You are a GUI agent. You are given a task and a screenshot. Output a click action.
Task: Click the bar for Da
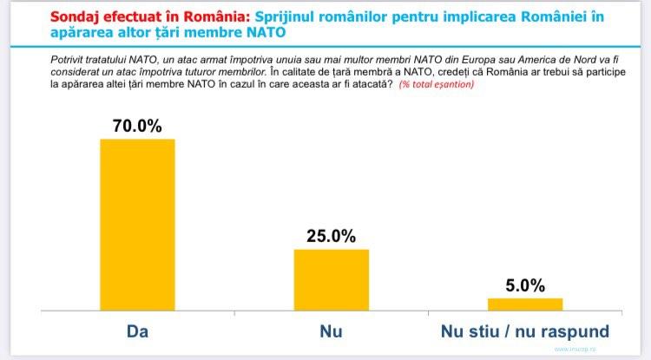[x=137, y=223]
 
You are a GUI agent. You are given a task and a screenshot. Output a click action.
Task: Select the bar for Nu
[x=331, y=278]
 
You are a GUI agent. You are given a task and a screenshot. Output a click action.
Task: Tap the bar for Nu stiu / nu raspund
[x=524, y=303]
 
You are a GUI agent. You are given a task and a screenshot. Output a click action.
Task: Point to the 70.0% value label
[x=137, y=125]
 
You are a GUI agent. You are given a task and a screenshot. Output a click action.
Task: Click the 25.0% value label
[x=331, y=236]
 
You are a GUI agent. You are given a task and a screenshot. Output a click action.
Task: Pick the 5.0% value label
[x=524, y=285]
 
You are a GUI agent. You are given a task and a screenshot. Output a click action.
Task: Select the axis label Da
[x=137, y=331]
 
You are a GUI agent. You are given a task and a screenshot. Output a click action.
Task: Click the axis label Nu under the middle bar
[x=331, y=331]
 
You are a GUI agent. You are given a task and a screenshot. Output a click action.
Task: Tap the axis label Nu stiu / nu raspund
[x=524, y=331]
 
